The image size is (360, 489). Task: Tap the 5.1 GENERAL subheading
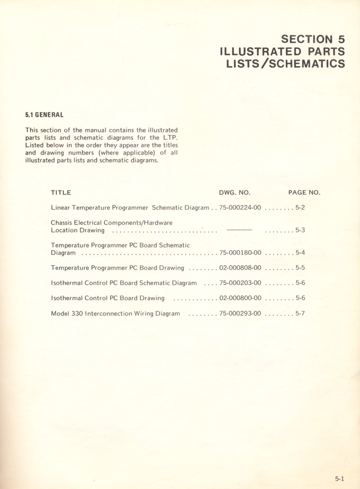click(44, 115)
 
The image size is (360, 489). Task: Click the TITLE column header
click(61, 193)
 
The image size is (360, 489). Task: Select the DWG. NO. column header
click(235, 193)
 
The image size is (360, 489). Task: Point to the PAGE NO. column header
click(304, 193)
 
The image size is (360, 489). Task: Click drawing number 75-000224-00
click(240, 208)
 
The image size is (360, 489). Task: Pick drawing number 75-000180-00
click(240, 253)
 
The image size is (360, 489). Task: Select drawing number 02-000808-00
click(240, 268)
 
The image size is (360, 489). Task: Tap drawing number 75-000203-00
click(240, 283)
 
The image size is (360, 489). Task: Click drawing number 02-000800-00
click(240, 298)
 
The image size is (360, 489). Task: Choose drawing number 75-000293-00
click(240, 313)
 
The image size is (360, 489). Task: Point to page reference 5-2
click(300, 208)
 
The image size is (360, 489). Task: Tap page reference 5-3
click(300, 231)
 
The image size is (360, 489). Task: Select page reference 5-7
click(300, 313)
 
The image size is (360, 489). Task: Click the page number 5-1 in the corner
click(340, 478)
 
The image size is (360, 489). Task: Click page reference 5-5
click(300, 268)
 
